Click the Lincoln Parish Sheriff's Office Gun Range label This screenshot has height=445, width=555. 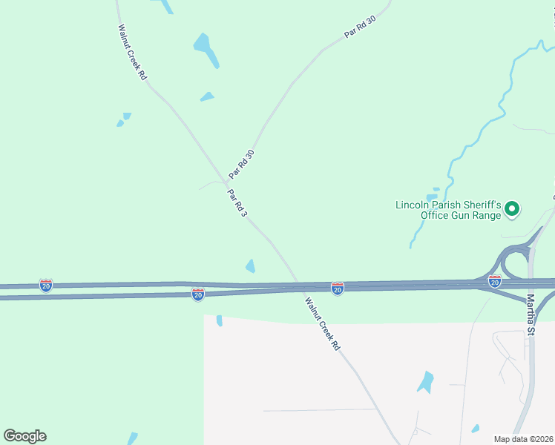click(450, 210)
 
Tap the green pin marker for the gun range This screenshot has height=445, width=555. click(511, 211)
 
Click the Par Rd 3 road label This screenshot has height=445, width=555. click(237, 202)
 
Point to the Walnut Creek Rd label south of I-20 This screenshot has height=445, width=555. click(323, 323)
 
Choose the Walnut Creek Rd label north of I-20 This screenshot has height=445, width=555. click(132, 52)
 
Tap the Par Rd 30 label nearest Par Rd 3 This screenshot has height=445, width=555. click(242, 164)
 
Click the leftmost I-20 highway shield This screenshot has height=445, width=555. click(46, 285)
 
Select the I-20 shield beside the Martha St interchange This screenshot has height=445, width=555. click(495, 281)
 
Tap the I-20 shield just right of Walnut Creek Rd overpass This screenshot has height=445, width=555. click(337, 289)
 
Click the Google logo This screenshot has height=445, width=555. click(24, 436)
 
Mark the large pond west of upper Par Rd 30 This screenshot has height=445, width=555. click(206, 49)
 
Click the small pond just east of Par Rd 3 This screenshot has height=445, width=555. click(251, 266)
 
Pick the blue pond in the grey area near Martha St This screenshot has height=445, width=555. click(426, 382)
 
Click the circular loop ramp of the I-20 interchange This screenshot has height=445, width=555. click(514, 263)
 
